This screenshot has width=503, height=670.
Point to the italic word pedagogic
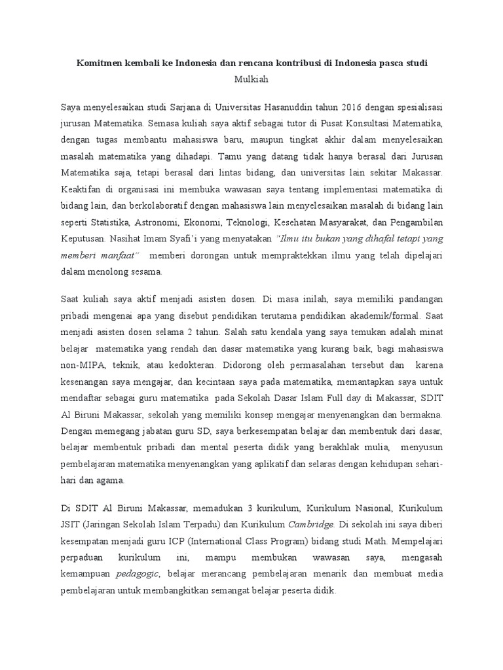[137, 574]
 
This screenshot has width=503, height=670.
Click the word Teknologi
[293, 220]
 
